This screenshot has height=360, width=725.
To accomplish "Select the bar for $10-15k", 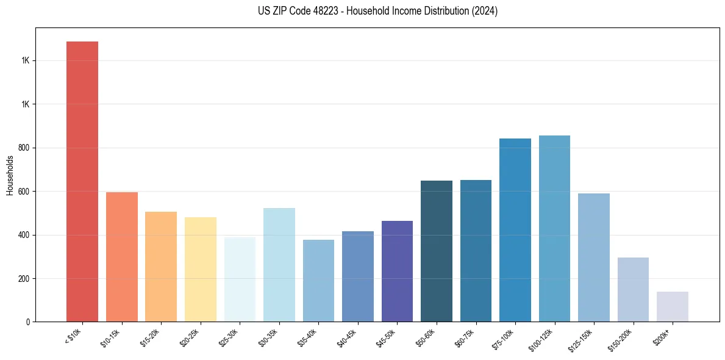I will pos(121,257).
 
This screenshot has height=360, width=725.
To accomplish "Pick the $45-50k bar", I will pos(397,271).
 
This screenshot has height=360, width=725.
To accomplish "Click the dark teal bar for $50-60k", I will pos(437,251).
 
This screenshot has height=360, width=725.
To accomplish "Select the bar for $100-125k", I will pos(554,228).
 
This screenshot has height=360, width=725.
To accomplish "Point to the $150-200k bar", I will pos(633,289).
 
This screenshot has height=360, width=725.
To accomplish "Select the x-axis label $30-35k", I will pos(270,337).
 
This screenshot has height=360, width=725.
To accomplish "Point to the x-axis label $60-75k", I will pos(466,337).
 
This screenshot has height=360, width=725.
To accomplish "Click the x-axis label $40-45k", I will pos(348,337).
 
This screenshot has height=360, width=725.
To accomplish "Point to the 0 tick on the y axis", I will pos(27,322).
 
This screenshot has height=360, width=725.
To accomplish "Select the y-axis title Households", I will pos(10,175).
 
